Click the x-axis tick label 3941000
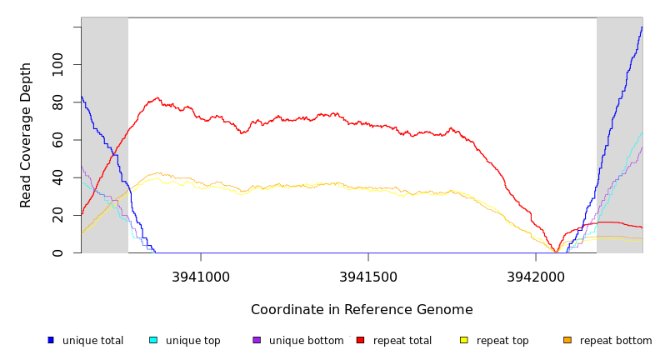pos(201,276)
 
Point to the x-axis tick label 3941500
pos(367,276)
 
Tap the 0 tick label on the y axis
pos(57,252)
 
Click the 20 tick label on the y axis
pos(57,215)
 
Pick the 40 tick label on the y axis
pos(57,177)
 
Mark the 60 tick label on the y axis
pos(57,140)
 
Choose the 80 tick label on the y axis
pos(57,102)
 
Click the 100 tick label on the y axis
pos(57,65)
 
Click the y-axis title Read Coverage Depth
pos(26,135)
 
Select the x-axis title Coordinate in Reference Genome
pos(362,310)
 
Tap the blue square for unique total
pos(51,340)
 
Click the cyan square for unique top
pos(153,340)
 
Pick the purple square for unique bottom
pos(257,340)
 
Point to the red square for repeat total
pos(360,340)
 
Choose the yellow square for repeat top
pos(464,340)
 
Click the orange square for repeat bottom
pos(567,340)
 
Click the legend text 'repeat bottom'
pos(616,341)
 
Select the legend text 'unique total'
pos(92,341)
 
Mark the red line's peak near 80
pos(157,97)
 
